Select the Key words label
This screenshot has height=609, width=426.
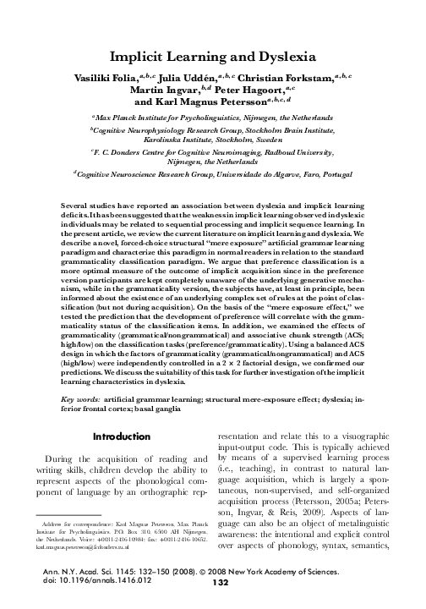tap(83, 398)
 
